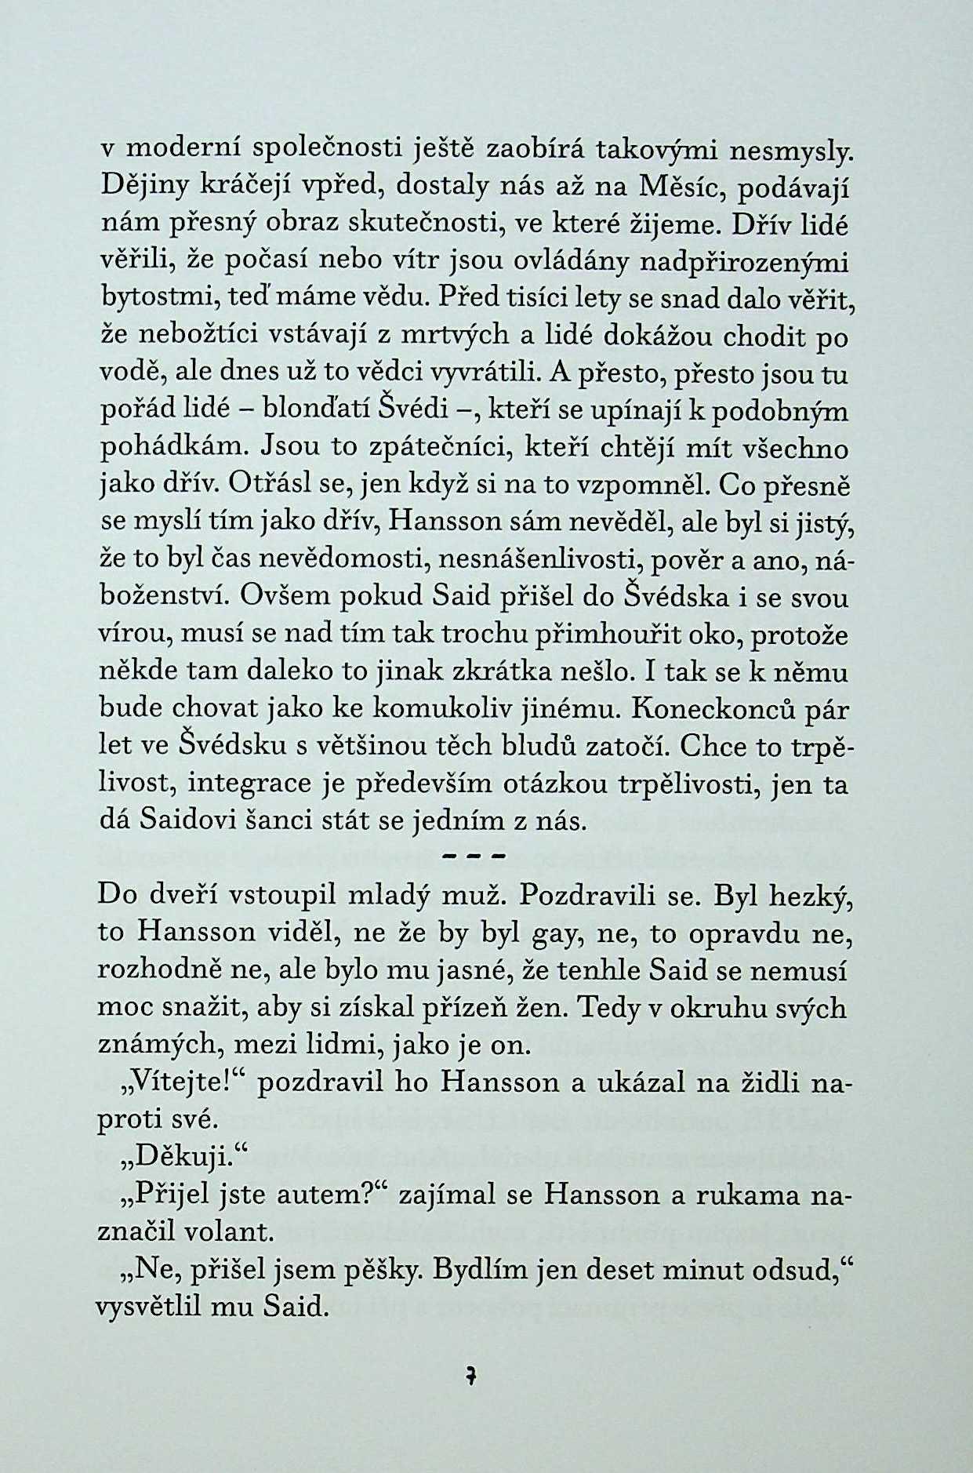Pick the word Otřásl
pyautogui.click(x=260, y=486)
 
